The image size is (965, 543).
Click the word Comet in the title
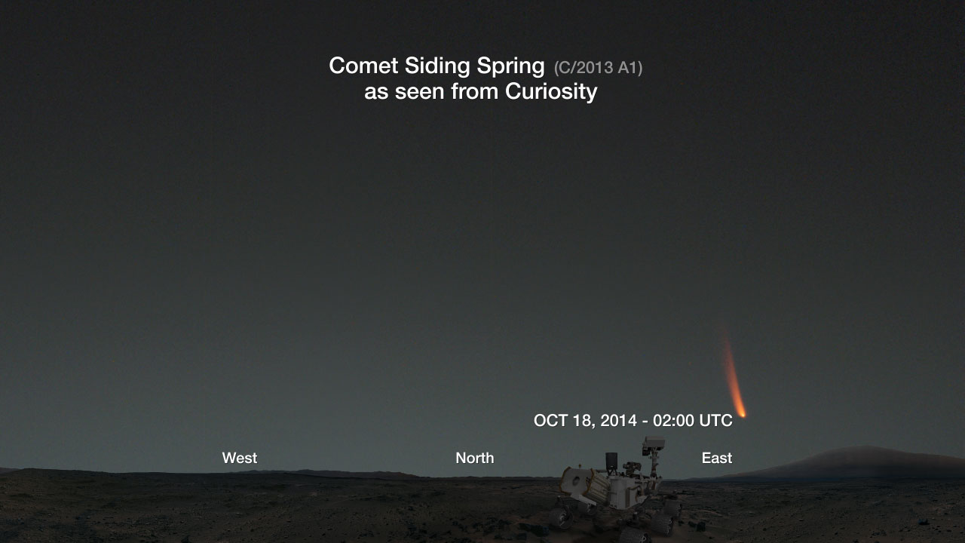[363, 66]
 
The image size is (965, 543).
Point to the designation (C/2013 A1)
[598, 68]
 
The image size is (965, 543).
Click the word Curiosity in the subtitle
[551, 92]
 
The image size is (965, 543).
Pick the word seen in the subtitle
[420, 92]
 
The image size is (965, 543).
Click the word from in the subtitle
[475, 91]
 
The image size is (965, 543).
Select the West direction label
[240, 458]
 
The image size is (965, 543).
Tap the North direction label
[475, 458]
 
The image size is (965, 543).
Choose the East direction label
[717, 458]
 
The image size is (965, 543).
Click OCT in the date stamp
[550, 420]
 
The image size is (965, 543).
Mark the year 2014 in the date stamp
[619, 420]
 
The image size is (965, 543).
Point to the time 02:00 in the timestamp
[673, 420]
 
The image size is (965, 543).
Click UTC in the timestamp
[715, 420]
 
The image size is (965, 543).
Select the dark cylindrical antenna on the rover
[611, 461]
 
